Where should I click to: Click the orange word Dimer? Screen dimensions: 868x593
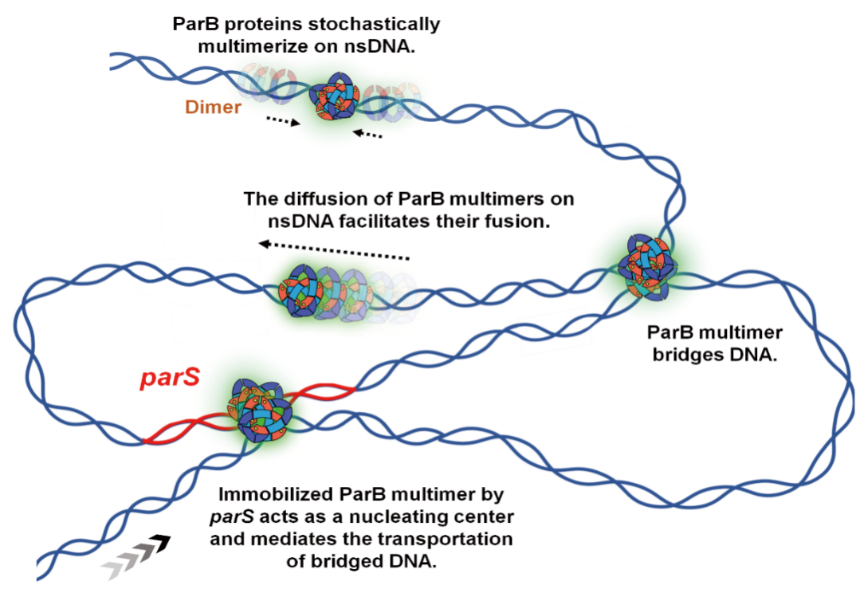tap(213, 107)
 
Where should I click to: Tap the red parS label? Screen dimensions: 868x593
tap(170, 378)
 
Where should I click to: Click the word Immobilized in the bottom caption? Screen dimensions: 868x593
tap(271, 494)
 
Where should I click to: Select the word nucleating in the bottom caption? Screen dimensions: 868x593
tap(396, 517)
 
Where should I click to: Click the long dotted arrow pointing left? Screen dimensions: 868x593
tap(334, 251)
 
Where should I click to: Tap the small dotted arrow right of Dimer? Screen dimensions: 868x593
tap(283, 120)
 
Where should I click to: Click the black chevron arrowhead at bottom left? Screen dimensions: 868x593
tap(161, 543)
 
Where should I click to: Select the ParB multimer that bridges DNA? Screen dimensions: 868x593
tap(646, 267)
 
